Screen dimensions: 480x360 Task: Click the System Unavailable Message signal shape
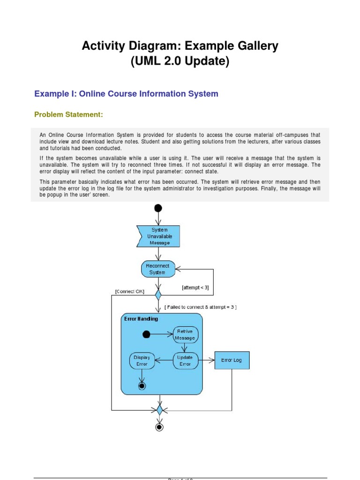click(x=158, y=236)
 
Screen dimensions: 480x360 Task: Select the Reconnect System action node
click(x=158, y=269)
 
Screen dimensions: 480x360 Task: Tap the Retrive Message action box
click(x=185, y=335)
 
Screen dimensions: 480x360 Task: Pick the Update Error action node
click(x=185, y=360)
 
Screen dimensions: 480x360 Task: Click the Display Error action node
click(x=142, y=360)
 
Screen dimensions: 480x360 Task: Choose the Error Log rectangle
click(x=232, y=360)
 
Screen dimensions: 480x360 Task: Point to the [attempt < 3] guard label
click(x=195, y=287)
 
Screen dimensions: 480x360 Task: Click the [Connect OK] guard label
click(x=129, y=291)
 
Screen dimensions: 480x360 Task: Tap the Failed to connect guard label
click(x=201, y=307)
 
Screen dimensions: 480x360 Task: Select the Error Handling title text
click(x=141, y=319)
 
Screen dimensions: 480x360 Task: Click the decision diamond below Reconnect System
click(x=158, y=295)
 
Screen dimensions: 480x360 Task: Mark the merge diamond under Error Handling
click(x=159, y=410)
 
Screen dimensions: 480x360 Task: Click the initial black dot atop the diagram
click(x=158, y=208)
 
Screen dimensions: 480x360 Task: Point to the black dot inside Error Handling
click(x=146, y=334)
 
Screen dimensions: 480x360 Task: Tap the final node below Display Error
click(x=142, y=385)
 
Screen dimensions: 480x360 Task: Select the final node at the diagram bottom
click(x=159, y=427)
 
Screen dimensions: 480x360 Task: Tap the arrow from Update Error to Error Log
click(x=206, y=360)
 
